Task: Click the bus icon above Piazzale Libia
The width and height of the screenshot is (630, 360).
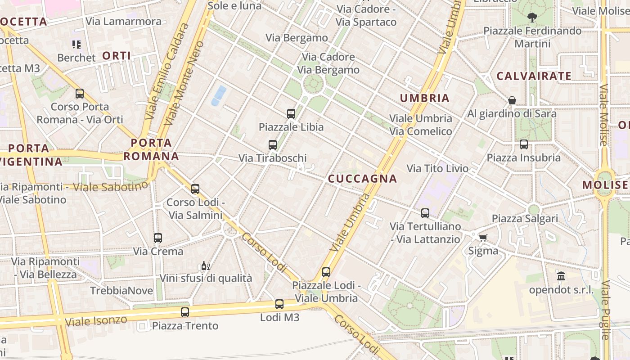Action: point(291,114)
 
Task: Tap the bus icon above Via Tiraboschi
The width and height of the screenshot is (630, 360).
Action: point(272,145)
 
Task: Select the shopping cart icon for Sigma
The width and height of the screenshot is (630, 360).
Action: point(483,238)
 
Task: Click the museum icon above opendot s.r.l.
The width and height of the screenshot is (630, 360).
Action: point(561,276)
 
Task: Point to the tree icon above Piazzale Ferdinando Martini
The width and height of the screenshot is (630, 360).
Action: point(532,18)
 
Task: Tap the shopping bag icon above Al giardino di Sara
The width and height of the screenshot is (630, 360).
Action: point(512,100)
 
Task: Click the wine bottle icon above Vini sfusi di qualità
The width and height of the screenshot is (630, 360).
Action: point(205,265)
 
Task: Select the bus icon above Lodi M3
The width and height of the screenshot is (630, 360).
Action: point(279,304)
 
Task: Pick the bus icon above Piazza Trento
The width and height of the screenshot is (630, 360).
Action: point(185,312)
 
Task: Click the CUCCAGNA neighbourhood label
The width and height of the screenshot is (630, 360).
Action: point(362,179)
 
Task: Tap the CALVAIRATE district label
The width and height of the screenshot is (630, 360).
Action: point(534,76)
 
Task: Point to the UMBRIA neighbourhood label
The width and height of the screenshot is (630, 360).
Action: point(425,98)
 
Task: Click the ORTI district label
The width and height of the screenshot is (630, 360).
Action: point(117,56)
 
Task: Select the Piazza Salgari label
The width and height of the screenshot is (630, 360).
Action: point(525,219)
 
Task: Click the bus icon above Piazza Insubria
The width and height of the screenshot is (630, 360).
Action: point(524,144)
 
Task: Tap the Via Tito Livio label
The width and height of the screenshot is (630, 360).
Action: point(437,169)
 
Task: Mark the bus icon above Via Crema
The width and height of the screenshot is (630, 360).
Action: point(158,238)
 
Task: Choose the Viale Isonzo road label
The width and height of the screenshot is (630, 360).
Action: point(96,321)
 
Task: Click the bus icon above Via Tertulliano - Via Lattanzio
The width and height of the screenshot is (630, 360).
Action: point(425,213)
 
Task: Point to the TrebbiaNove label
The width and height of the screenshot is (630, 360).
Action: point(121,291)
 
